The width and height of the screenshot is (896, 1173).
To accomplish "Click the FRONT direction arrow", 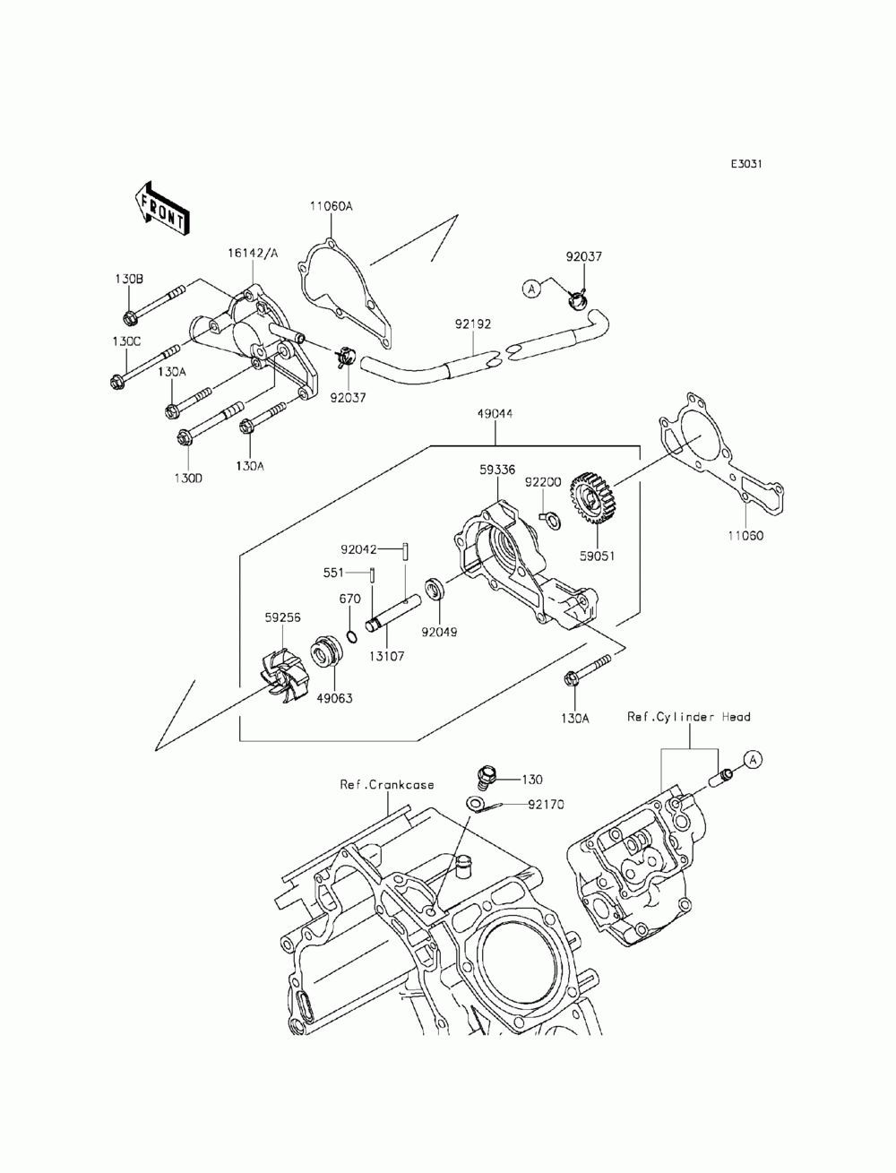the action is pos(161,209).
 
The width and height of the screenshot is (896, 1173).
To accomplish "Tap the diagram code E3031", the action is pos(745,164).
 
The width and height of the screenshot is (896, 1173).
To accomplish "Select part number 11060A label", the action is pos(332,206).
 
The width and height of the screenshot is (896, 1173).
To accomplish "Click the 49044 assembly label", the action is pos(495,414).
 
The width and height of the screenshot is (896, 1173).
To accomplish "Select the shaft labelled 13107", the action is pos(392,614).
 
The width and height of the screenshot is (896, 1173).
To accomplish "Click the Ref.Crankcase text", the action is pos(387,784).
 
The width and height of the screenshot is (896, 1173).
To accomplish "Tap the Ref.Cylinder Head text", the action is pos(688,717).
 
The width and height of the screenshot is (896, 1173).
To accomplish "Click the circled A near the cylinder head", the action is pos(753,759).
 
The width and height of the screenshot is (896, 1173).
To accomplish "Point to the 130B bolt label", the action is pos(129,279).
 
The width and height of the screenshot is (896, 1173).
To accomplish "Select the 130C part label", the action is pos(126,341).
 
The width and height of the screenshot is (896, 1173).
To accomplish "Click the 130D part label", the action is pos(188,478).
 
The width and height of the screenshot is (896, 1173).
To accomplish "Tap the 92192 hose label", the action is pos(473,323).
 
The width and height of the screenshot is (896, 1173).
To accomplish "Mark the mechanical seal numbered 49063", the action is pos(325,651).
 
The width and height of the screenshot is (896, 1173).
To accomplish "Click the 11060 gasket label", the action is pos(745,536).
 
